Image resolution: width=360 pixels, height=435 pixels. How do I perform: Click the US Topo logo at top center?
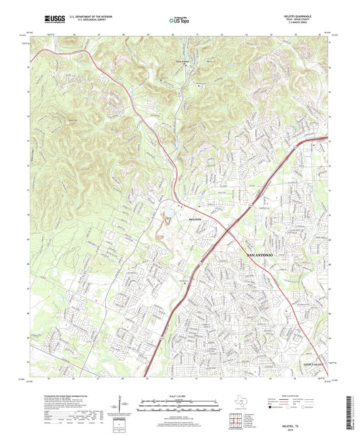(x=177, y=21)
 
